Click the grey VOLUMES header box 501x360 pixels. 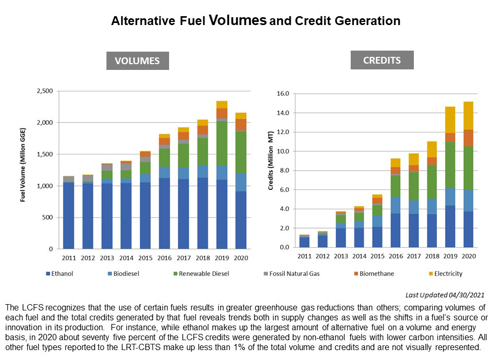pyautogui.click(x=138, y=61)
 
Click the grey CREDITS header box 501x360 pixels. pyautogui.click(x=382, y=60)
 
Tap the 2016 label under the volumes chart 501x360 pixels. pyautogui.click(x=164, y=258)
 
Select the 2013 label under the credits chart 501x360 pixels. pyautogui.click(x=341, y=256)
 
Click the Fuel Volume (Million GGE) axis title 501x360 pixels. pyautogui.click(x=23, y=170)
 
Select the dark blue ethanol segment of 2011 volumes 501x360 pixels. pyautogui.click(x=69, y=215)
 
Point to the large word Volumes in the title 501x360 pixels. pyautogui.click(x=237, y=20)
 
